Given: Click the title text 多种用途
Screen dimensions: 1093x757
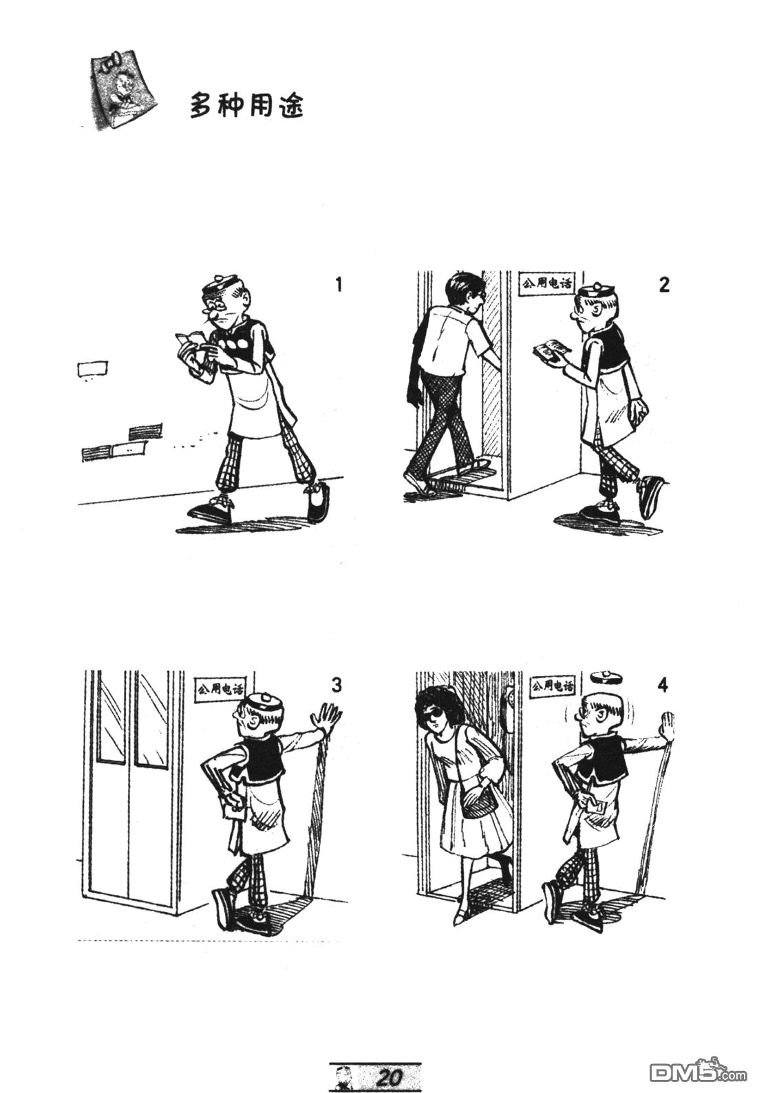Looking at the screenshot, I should pyautogui.click(x=246, y=106).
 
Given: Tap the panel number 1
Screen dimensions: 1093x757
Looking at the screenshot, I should pyautogui.click(x=337, y=284).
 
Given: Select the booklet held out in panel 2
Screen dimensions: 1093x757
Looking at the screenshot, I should pyautogui.click(x=549, y=351).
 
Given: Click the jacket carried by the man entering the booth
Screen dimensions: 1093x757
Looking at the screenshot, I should pyautogui.click(x=416, y=372).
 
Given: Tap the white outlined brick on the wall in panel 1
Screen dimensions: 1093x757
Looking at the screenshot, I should pyautogui.click(x=92, y=369).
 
